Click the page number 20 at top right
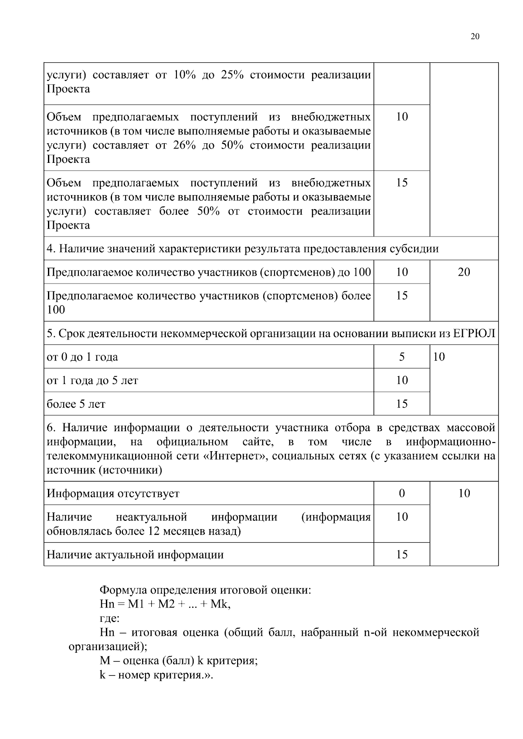pyautogui.click(x=475, y=37)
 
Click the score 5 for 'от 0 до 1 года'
pyautogui.click(x=402, y=357)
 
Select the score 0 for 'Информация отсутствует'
pyautogui.click(x=402, y=493)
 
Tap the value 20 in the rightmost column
pyautogui.click(x=464, y=272)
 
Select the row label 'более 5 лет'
pyautogui.click(x=76, y=404)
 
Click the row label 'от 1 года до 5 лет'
pyautogui.click(x=92, y=381)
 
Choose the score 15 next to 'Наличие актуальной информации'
pyautogui.click(x=402, y=554)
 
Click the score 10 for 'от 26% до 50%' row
pyautogui.click(x=402, y=117)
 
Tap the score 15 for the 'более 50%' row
pyautogui.click(x=402, y=182)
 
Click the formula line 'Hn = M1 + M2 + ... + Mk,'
pyautogui.click(x=165, y=604)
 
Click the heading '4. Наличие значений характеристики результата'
pyautogui.click(x=242, y=249)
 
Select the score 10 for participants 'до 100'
pyautogui.click(x=402, y=272)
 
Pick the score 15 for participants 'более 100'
pyautogui.click(x=402, y=296)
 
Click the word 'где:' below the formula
pyautogui.click(x=109, y=618)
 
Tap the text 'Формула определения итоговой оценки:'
pyautogui.click(x=205, y=591)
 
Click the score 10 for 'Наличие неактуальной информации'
pyautogui.click(x=402, y=517)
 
